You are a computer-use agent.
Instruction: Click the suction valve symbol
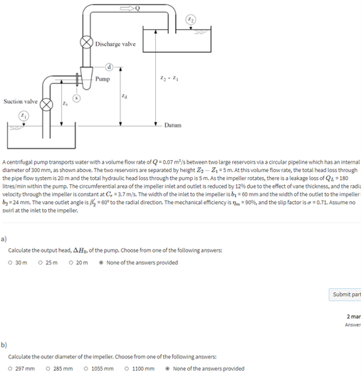(x=47, y=106)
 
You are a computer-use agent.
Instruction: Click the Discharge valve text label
(x=115, y=43)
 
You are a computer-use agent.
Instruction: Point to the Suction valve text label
(x=19, y=102)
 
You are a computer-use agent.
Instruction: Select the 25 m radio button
(x=41, y=262)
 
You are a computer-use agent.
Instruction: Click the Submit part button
(x=346, y=294)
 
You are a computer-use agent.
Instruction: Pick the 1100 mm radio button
(x=127, y=368)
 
